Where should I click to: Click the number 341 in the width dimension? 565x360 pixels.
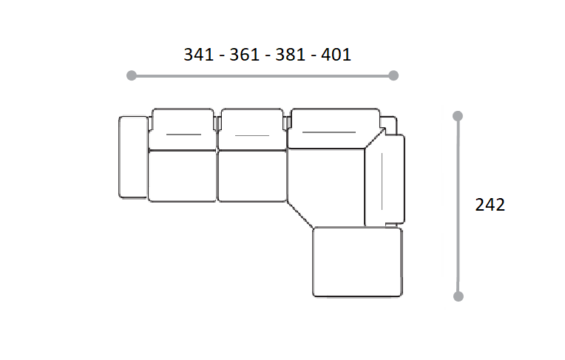[198, 55]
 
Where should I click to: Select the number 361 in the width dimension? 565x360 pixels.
[244, 55]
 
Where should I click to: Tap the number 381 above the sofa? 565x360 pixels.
[291, 55]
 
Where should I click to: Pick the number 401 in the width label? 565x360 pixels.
[336, 55]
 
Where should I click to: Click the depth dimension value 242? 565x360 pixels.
[490, 205]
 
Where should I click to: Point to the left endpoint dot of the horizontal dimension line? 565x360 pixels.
[132, 75]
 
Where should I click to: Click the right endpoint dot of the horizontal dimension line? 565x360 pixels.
[393, 75]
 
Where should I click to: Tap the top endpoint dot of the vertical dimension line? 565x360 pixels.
[458, 116]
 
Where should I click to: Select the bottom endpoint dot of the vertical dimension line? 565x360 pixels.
[459, 296]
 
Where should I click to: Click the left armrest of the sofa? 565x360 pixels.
[133, 157]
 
